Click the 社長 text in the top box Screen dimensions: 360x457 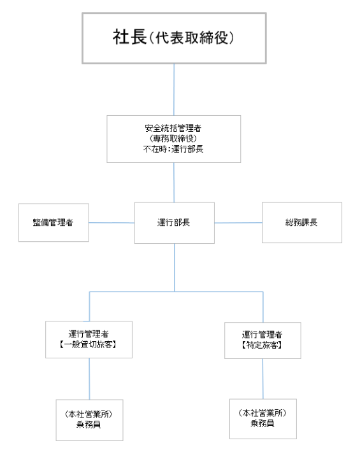coord(129,37)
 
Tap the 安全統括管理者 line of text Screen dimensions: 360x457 coord(173,128)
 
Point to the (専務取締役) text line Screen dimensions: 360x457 coord(173,139)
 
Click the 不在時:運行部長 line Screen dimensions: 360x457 coord(173,149)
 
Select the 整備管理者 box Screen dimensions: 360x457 coord(54,223)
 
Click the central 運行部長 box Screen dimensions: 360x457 coord(175,223)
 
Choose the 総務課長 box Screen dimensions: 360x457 coord(302,223)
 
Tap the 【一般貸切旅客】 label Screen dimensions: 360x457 coord(89,345)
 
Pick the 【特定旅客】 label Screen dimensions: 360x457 coord(263,346)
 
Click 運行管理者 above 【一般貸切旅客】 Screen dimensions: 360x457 coord(89,334)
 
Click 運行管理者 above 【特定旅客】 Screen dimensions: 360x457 coord(263,335)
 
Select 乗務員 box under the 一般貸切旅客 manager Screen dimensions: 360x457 coord(90,420)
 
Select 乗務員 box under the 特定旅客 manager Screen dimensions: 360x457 coord(263,419)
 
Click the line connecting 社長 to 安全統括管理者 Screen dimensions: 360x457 coord(174,90)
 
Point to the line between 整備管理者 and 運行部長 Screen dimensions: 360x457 coord(112,223)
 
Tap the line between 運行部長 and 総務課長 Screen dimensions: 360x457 coord(238,223)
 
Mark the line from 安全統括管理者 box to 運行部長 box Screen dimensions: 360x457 coord(174,183)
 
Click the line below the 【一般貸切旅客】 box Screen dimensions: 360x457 coord(89,379)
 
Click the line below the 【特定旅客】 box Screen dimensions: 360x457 coord(263,379)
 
